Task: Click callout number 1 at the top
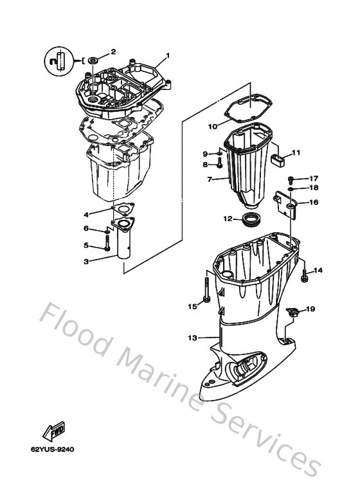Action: pos(168,55)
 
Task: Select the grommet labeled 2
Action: pos(93,60)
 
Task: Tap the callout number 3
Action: pos(86,261)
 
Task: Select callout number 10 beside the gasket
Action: pos(212,127)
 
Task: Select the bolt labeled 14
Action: pos(304,275)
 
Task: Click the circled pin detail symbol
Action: pos(57,61)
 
